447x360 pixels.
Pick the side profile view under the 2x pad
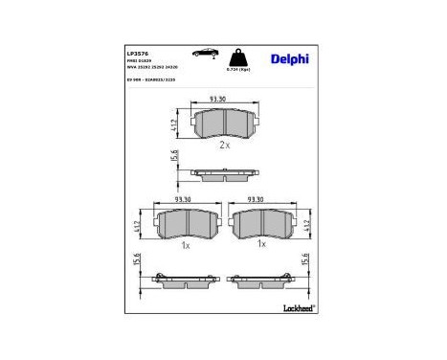pyautogui.click(x=223, y=173)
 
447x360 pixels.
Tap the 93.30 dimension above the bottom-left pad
pyautogui.click(x=183, y=201)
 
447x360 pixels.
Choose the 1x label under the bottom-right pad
pyautogui.click(x=260, y=245)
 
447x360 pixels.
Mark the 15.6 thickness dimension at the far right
pyautogui.click(x=307, y=261)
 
